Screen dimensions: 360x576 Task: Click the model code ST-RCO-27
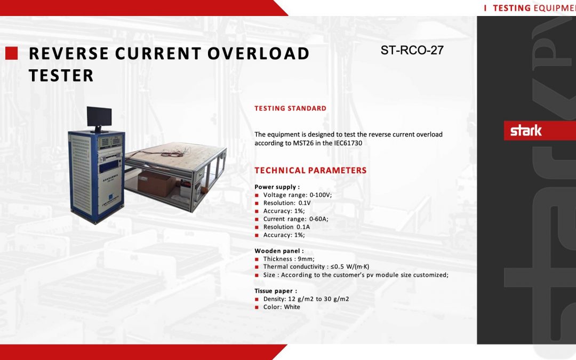[x=412, y=51]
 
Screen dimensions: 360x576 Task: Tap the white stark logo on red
[x=526, y=131]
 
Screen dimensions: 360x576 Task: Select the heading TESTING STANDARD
[x=290, y=108]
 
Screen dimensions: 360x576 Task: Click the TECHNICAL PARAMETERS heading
[x=310, y=171]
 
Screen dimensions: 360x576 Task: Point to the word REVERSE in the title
[x=69, y=54]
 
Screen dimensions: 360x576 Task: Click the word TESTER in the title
[x=61, y=76]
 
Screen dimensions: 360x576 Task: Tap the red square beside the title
[x=12, y=53]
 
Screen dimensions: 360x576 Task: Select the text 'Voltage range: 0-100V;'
[x=297, y=195]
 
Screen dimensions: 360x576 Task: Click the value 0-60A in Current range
[x=318, y=219]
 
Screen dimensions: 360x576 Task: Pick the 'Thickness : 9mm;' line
[x=289, y=259]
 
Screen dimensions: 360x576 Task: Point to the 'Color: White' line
[x=282, y=307]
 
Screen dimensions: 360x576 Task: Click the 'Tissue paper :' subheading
[x=276, y=291]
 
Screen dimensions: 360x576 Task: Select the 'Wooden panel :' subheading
[x=279, y=251]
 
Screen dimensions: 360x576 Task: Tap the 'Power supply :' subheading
[x=277, y=187]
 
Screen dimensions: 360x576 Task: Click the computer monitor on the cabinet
[x=99, y=117]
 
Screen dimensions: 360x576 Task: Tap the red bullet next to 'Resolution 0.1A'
[x=257, y=227]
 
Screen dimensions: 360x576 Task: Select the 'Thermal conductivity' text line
[x=316, y=267]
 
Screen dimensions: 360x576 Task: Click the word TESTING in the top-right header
[x=511, y=8]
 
